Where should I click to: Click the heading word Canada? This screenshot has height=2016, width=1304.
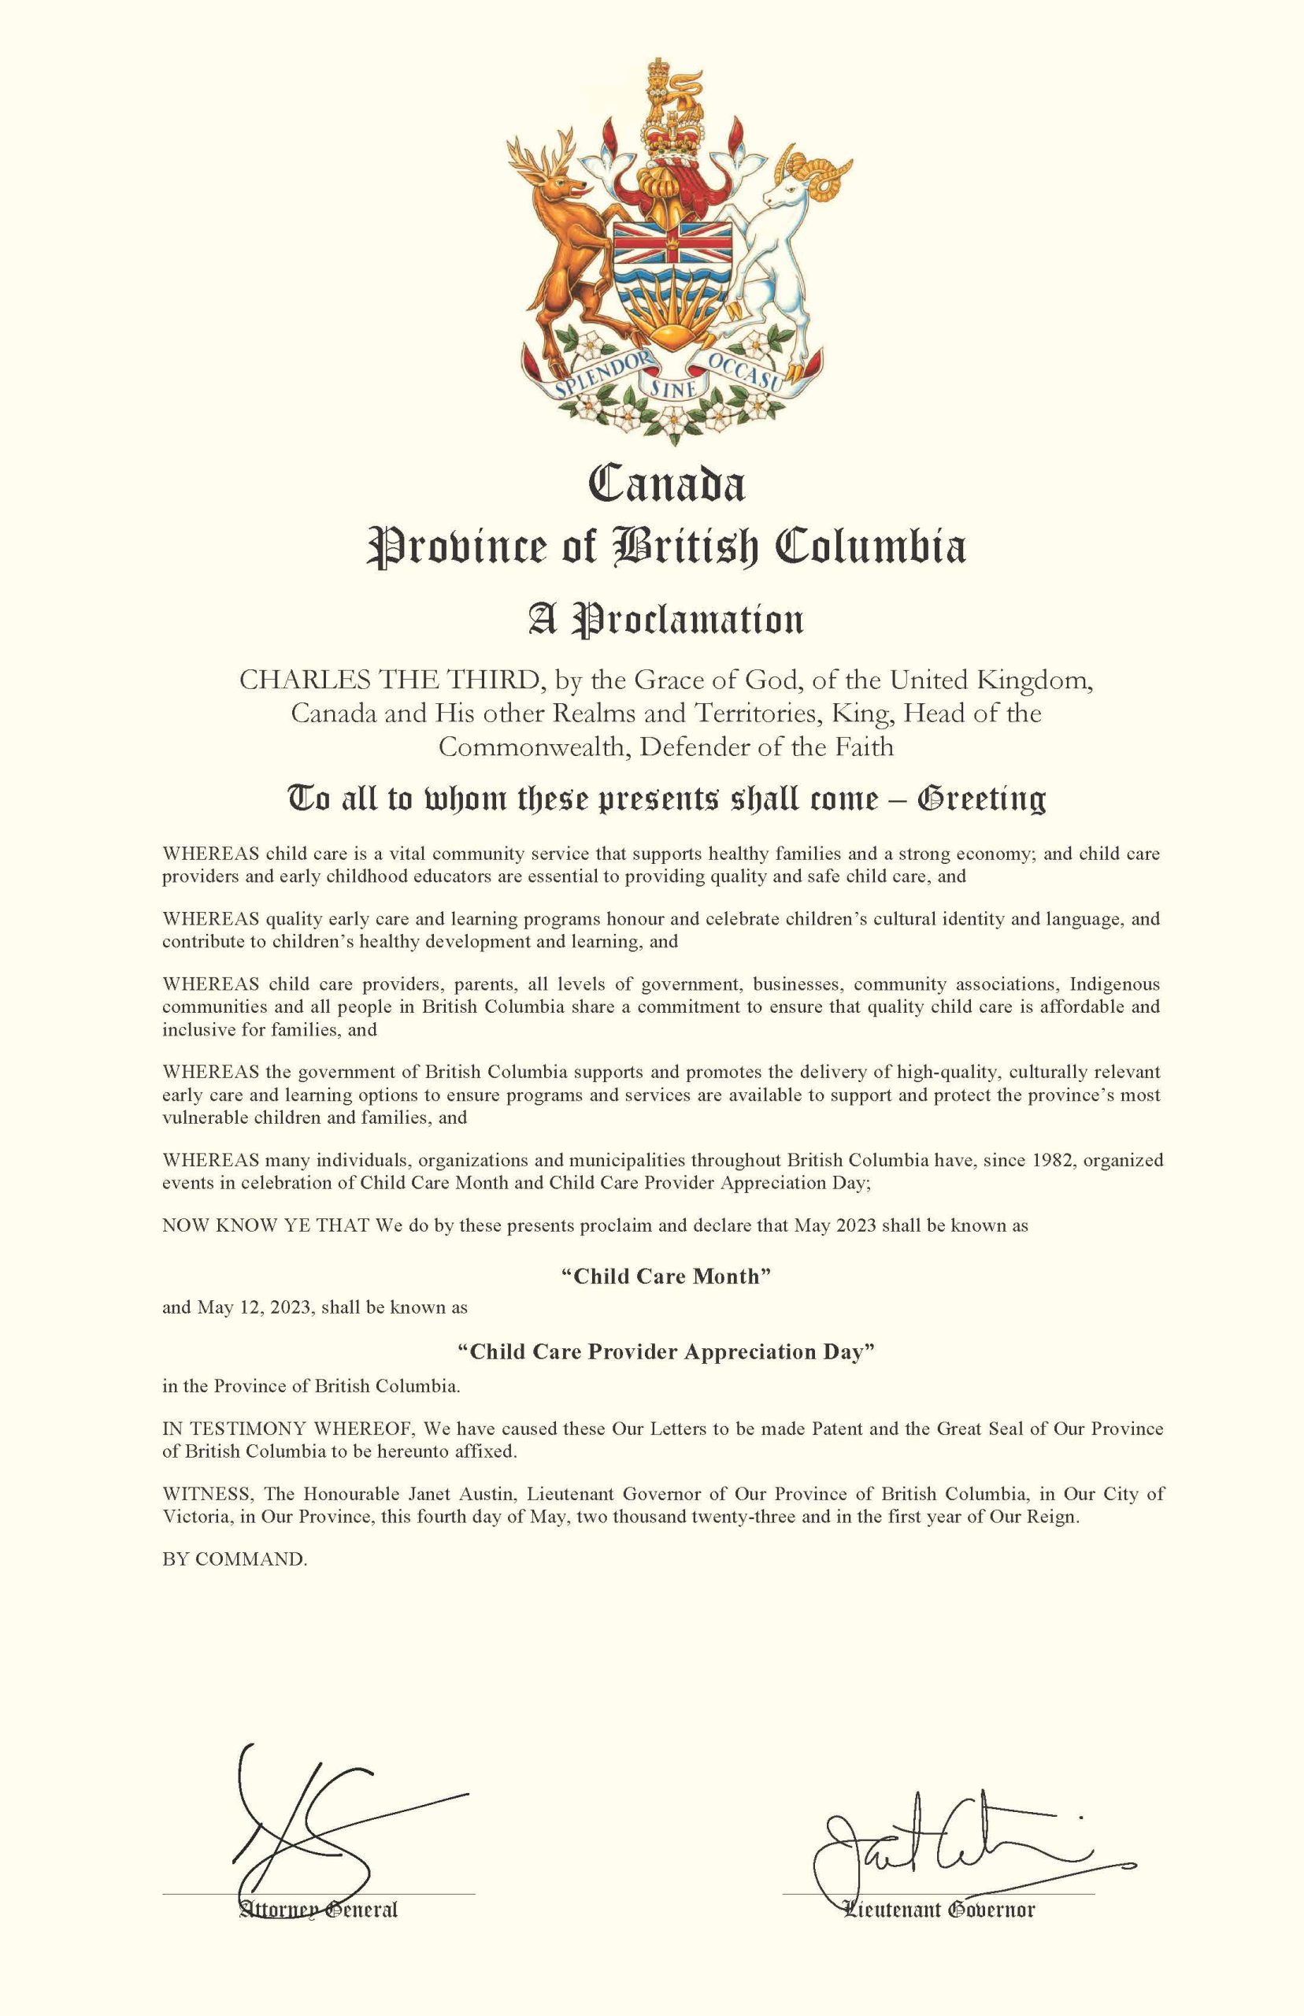666,486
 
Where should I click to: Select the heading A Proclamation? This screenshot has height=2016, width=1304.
666,620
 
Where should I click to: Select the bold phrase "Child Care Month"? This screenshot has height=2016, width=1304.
666,1277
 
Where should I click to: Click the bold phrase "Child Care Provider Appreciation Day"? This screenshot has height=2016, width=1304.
666,1352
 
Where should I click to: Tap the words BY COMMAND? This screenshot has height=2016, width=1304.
235,1559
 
